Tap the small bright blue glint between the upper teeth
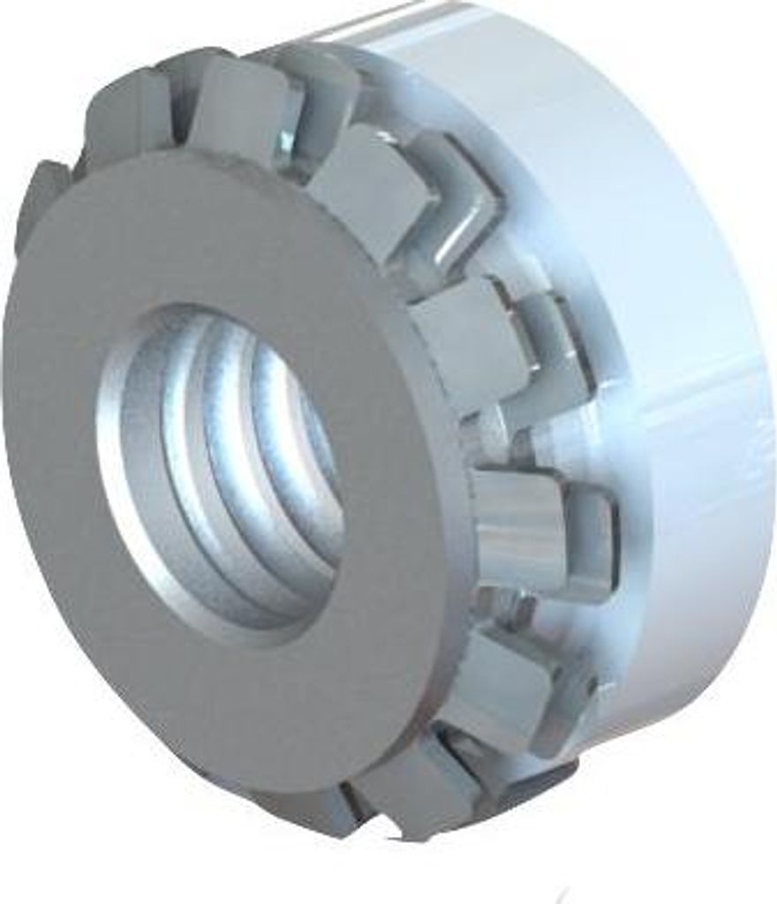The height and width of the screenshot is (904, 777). [x=288, y=141]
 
